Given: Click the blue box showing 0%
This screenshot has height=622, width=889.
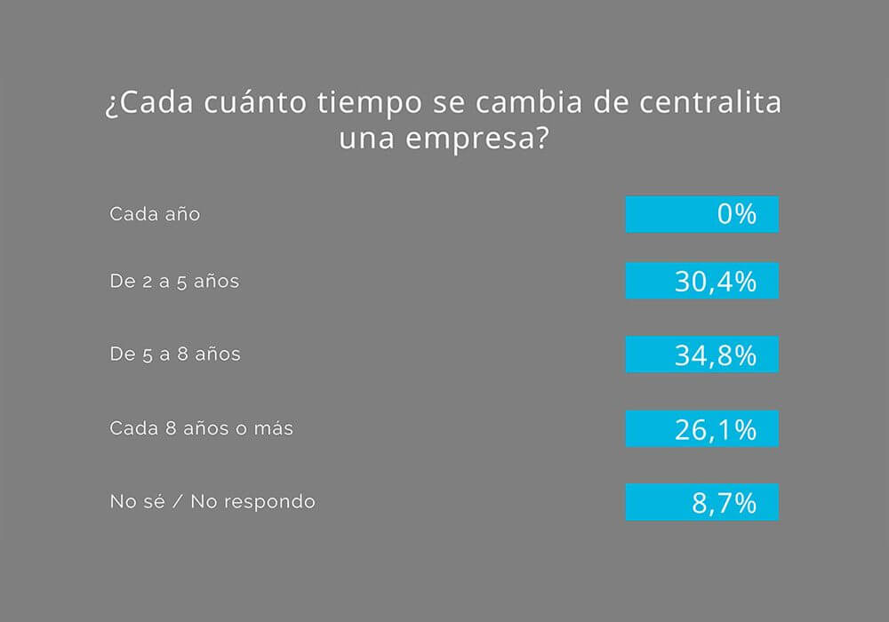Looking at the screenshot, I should (701, 214).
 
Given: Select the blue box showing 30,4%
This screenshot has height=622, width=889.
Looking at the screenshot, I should (701, 281).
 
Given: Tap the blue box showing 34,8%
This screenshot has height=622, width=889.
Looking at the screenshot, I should (701, 355).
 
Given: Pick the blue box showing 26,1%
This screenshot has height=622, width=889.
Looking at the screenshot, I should (701, 428).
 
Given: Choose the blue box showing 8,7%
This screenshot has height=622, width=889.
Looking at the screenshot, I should (701, 502).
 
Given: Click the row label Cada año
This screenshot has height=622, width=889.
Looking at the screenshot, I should (155, 214).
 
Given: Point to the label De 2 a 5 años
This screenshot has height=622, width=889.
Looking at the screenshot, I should (174, 281).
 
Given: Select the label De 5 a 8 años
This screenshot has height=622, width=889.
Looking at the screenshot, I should (174, 355).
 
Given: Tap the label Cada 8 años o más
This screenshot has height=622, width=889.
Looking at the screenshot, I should (201, 428).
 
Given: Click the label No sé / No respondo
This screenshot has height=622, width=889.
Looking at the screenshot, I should (212, 502).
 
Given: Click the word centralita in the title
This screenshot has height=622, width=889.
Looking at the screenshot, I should (711, 102).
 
